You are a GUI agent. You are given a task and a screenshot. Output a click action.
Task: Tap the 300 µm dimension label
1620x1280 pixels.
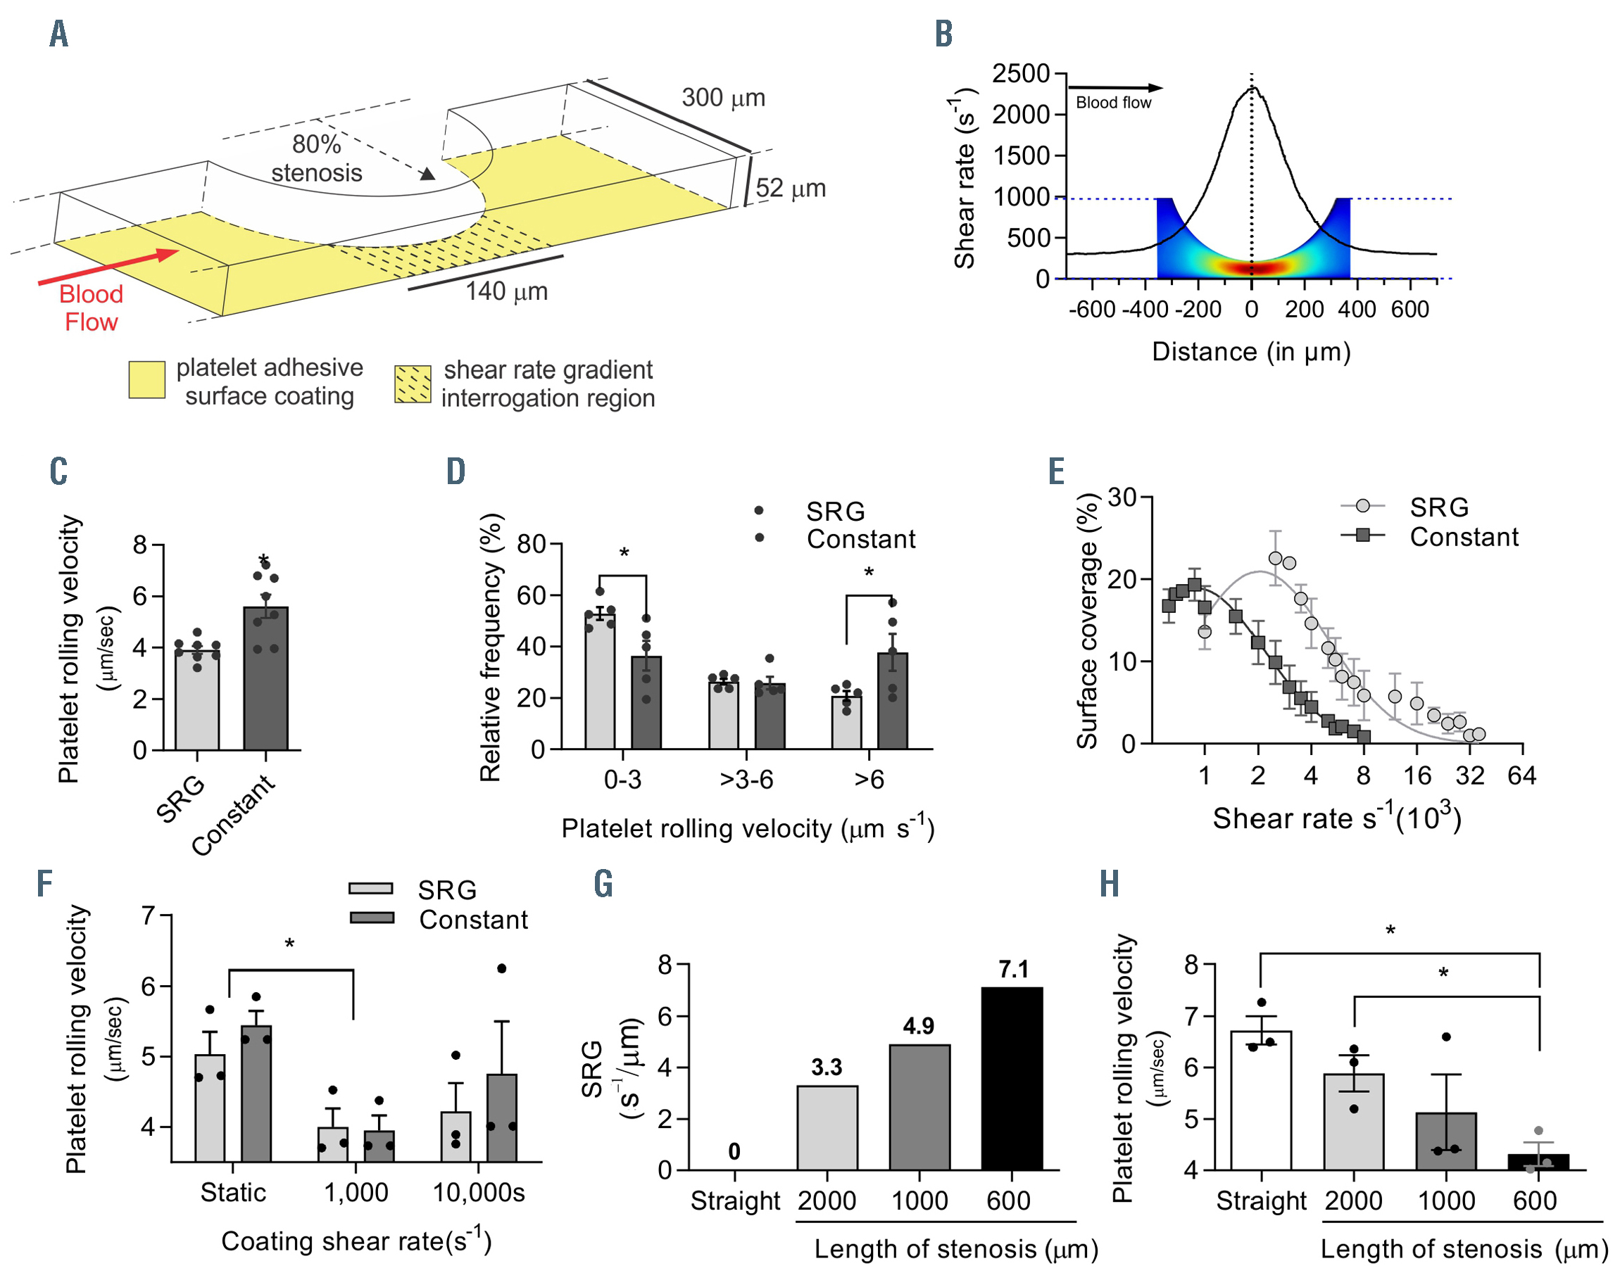tap(722, 99)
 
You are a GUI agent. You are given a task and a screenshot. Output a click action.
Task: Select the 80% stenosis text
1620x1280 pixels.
tap(316, 158)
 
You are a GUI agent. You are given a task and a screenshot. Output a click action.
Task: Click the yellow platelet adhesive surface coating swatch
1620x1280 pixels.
tap(147, 379)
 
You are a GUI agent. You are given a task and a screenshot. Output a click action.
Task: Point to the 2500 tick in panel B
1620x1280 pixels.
tap(1021, 74)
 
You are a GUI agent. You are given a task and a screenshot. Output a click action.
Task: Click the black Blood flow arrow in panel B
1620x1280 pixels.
tap(1114, 89)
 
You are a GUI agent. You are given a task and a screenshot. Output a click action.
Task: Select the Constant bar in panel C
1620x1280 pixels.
tap(265, 678)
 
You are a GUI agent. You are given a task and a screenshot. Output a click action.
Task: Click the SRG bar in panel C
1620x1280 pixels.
tap(196, 701)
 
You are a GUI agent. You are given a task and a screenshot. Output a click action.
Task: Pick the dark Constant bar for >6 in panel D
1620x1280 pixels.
tap(892, 702)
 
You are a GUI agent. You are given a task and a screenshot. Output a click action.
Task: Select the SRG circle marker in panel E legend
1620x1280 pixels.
tap(1362, 507)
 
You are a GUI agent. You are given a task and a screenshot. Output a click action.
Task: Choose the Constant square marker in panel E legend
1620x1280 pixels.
tap(1362, 536)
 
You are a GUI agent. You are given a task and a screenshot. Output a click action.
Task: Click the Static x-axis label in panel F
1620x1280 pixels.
tap(232, 1192)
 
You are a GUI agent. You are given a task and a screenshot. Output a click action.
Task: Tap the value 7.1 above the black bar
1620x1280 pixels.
tap(1013, 970)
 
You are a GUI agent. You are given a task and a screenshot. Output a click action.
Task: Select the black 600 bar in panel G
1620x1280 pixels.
tap(1011, 1079)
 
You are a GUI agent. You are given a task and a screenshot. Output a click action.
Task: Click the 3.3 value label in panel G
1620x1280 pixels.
tap(826, 1067)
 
